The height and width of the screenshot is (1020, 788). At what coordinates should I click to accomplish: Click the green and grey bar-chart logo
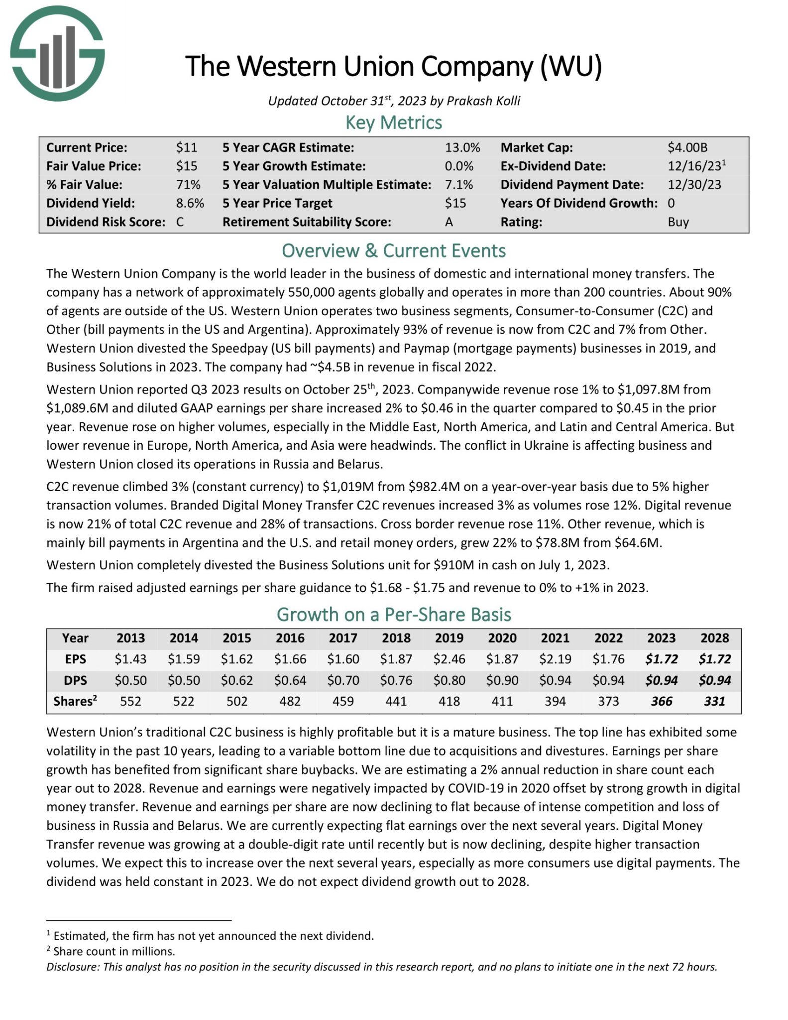[57, 54]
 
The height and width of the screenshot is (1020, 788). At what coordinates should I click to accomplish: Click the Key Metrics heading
[393, 123]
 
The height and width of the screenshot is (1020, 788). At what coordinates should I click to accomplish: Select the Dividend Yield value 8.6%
[190, 203]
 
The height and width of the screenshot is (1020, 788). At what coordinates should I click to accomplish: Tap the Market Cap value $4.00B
[687, 147]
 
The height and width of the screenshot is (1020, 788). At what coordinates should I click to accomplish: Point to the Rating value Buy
[678, 222]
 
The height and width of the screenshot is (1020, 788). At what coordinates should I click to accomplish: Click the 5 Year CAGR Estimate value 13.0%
[462, 147]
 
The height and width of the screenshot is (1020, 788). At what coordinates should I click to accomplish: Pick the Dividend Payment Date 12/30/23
[694, 185]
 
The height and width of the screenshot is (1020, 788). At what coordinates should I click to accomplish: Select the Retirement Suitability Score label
[306, 222]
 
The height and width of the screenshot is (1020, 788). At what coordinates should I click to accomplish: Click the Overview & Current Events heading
[393, 251]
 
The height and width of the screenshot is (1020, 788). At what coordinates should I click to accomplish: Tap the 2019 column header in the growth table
[449, 638]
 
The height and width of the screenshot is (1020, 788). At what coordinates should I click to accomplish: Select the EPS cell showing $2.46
[449, 659]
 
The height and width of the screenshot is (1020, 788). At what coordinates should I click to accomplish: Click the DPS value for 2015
[237, 680]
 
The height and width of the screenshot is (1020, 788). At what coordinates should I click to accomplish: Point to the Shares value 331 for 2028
[714, 701]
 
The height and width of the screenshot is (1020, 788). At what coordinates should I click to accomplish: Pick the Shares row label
[75, 701]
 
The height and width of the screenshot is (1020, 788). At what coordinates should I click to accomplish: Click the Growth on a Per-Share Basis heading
[393, 615]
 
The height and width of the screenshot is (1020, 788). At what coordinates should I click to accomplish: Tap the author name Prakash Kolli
[483, 101]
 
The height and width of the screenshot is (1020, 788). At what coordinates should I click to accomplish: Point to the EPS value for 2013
[130, 659]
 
